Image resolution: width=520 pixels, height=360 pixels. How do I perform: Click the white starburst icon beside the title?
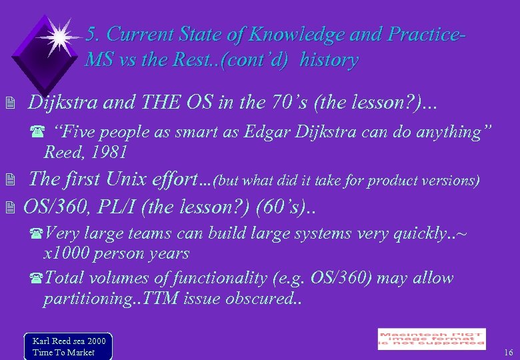[x=59, y=37]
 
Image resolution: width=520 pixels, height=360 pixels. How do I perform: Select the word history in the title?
[x=329, y=60]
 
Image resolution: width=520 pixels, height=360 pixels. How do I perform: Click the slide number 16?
[x=508, y=352]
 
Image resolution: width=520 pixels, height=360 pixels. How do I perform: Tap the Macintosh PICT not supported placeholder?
[x=431, y=339]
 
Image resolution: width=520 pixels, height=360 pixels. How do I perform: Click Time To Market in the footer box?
[x=63, y=352]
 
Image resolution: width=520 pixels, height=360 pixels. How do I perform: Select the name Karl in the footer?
[x=42, y=341]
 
